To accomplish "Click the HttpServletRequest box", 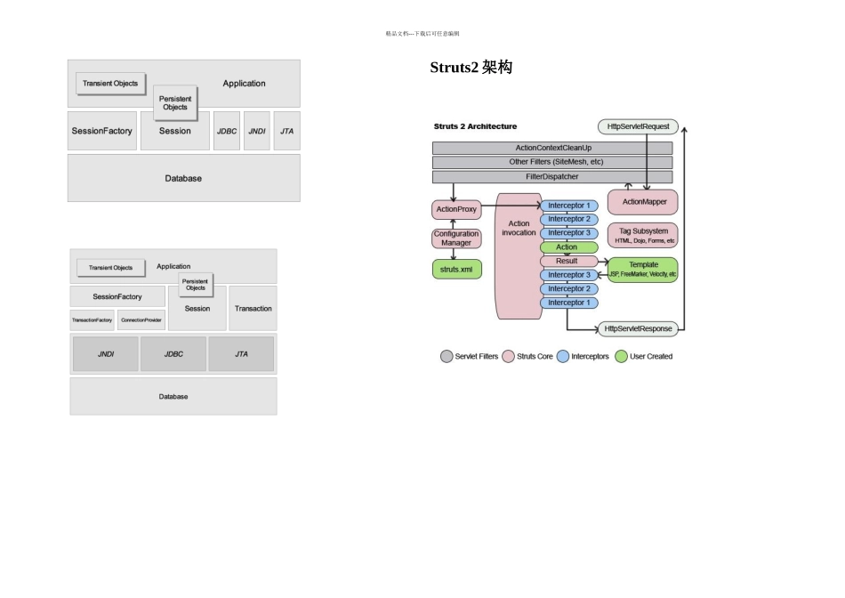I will [638, 126].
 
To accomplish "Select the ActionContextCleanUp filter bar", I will [552, 148].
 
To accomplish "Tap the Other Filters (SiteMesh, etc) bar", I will [552, 162].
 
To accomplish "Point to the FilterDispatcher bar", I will [552, 177].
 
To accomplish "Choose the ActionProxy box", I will [455, 210].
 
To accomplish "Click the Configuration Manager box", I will [456, 238].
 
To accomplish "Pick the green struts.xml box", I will [456, 268].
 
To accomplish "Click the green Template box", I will [643, 270].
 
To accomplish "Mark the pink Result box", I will [567, 261].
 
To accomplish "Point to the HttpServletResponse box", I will [638, 328].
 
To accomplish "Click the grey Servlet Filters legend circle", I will [447, 356].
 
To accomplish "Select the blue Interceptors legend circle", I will [562, 356].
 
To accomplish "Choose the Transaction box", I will [253, 309].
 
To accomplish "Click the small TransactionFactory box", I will [93, 320].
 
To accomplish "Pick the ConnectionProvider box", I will [141, 320].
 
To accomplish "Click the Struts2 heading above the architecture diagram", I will [471, 68].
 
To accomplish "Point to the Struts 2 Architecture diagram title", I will [475, 126].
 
